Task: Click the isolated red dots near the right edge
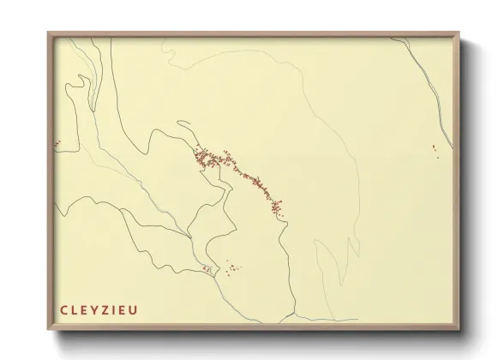pyautogui.click(x=435, y=151)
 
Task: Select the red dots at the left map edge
pyautogui.click(x=57, y=141)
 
